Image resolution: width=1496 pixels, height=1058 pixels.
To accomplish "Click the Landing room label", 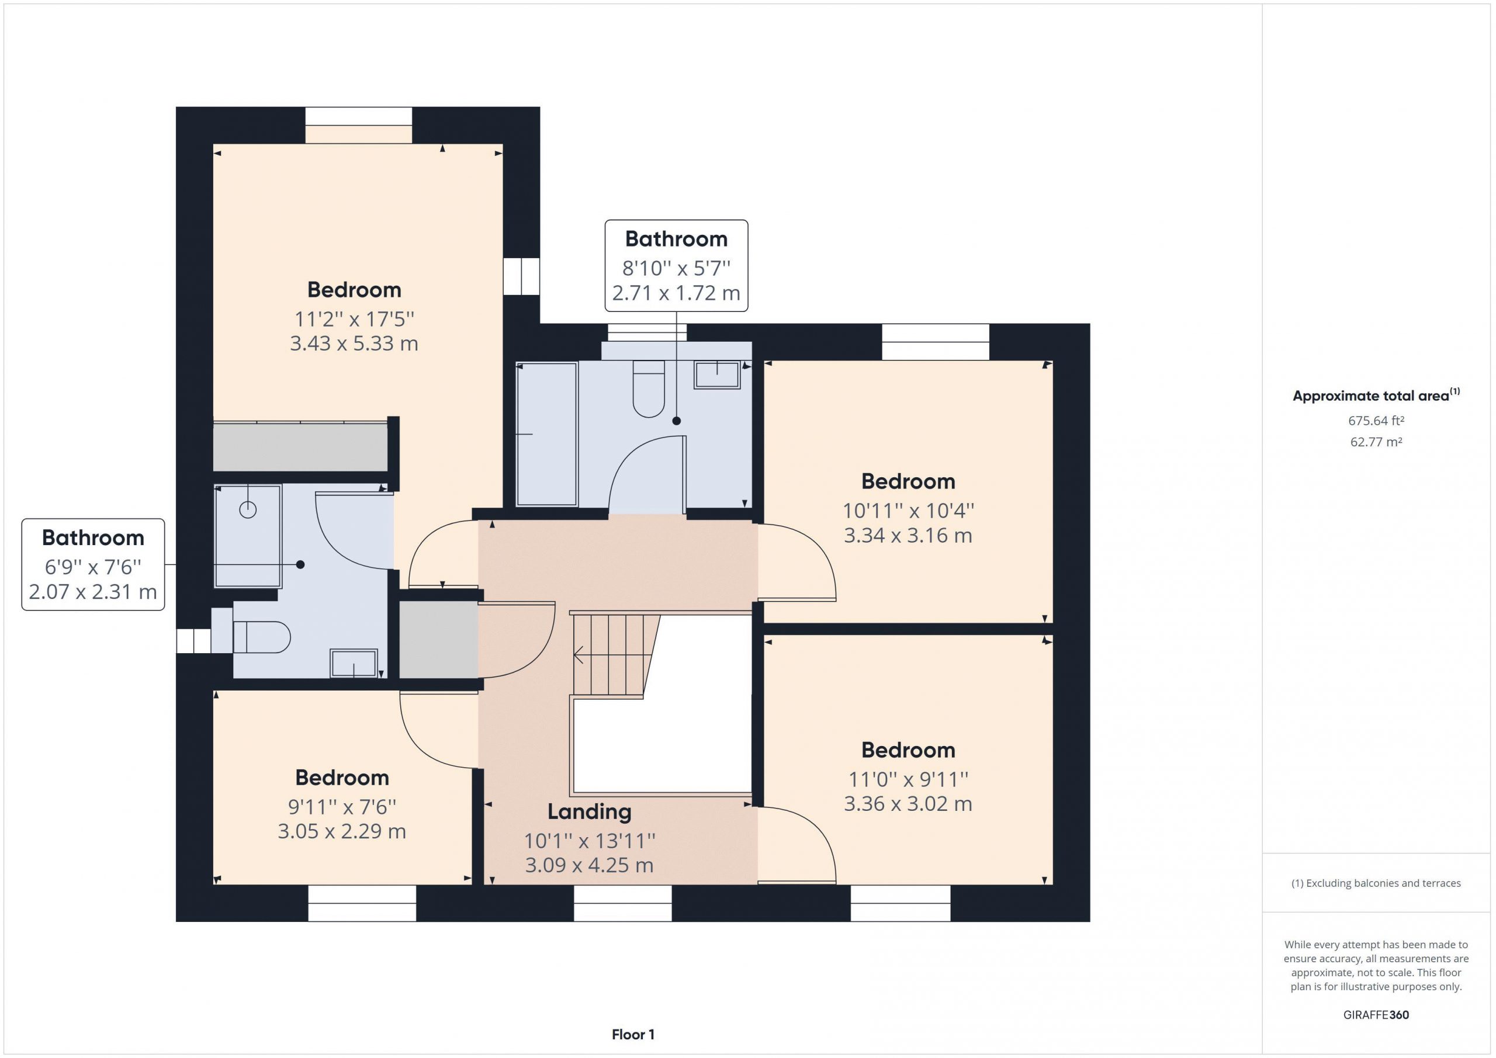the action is [589, 811].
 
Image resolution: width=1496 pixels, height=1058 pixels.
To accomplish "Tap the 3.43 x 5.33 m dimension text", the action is [354, 344].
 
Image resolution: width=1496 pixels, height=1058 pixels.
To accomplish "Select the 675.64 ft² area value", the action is [1376, 421].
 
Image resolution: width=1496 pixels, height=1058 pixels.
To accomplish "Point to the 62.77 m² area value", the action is [1376, 442].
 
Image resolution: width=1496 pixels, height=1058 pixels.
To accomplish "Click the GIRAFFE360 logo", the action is [1376, 1014].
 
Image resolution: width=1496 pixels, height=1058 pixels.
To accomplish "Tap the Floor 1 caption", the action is [633, 1034].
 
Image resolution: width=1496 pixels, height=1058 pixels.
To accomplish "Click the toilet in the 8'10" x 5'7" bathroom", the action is [648, 389].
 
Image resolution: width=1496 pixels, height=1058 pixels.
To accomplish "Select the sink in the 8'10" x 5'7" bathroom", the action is [716, 375].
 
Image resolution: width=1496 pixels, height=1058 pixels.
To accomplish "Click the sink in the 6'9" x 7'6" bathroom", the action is [354, 663].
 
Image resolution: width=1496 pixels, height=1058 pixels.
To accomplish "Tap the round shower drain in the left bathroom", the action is [248, 509].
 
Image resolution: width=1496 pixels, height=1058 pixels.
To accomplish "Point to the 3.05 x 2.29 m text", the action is [341, 831].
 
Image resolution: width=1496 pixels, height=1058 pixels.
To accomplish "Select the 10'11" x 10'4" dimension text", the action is [908, 510].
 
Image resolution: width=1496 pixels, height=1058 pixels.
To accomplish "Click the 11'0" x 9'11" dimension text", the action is [908, 779].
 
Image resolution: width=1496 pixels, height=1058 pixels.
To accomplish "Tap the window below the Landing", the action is [622, 903].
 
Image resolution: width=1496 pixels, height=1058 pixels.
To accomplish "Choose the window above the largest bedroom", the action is [359, 125].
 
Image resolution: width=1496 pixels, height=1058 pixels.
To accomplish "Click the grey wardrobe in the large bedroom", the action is [300, 446].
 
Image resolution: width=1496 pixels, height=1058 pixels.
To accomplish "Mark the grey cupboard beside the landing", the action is [438, 639].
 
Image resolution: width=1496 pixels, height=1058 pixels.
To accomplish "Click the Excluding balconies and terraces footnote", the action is [1376, 883].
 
